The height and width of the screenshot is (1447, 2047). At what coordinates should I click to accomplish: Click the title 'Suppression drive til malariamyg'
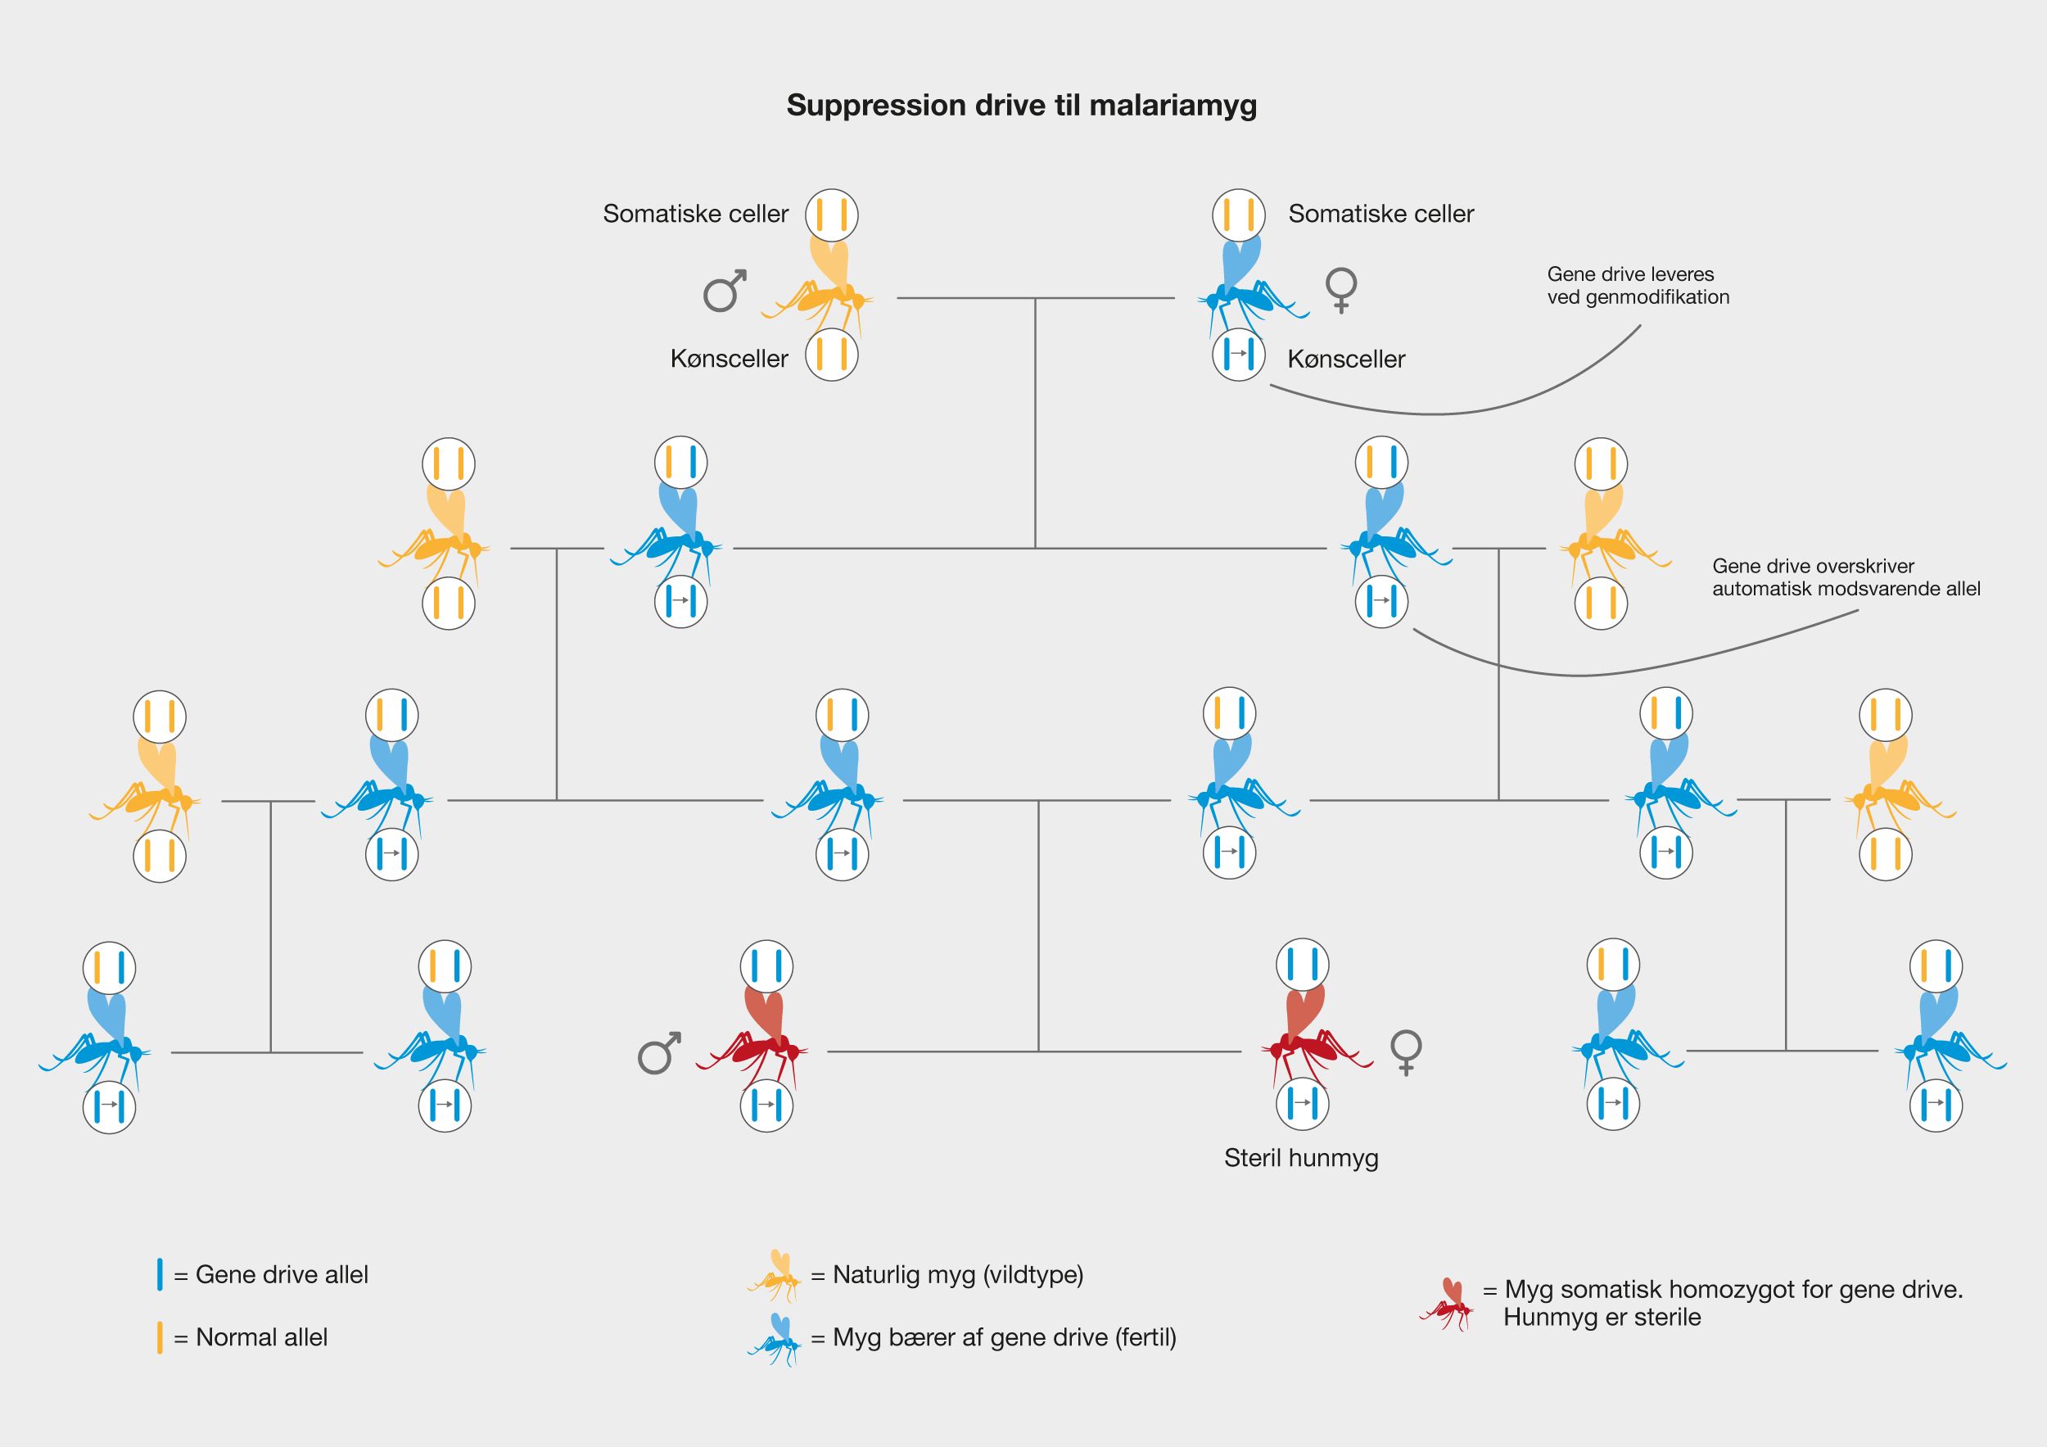pos(1021,105)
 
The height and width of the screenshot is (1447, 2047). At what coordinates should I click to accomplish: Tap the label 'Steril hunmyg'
pos(1301,1158)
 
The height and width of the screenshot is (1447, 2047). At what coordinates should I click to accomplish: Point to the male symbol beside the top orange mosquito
pos(724,290)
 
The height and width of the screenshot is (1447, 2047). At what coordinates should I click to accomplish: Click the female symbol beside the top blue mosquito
pos(1341,290)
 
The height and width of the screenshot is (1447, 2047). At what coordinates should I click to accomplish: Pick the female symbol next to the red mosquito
pos(1406,1053)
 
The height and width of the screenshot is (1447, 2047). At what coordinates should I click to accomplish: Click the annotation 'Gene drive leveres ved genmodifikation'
pos(1638,285)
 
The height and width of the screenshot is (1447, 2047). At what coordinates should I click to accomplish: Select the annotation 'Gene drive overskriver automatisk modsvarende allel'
pos(1846,577)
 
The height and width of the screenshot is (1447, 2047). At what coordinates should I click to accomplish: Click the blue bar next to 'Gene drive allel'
pos(160,1275)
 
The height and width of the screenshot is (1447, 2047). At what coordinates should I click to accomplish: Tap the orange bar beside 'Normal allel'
pos(160,1337)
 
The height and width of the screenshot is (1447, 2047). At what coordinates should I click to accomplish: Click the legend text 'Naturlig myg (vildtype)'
pos(957,1275)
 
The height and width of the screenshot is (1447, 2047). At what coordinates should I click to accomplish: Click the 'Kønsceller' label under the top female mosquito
pos(1346,359)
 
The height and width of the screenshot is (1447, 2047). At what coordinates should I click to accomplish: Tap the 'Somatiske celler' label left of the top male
pos(695,214)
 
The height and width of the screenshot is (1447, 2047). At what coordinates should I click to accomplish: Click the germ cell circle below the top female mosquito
pos(1238,355)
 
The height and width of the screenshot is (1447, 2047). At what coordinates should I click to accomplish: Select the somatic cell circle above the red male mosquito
pos(766,966)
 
